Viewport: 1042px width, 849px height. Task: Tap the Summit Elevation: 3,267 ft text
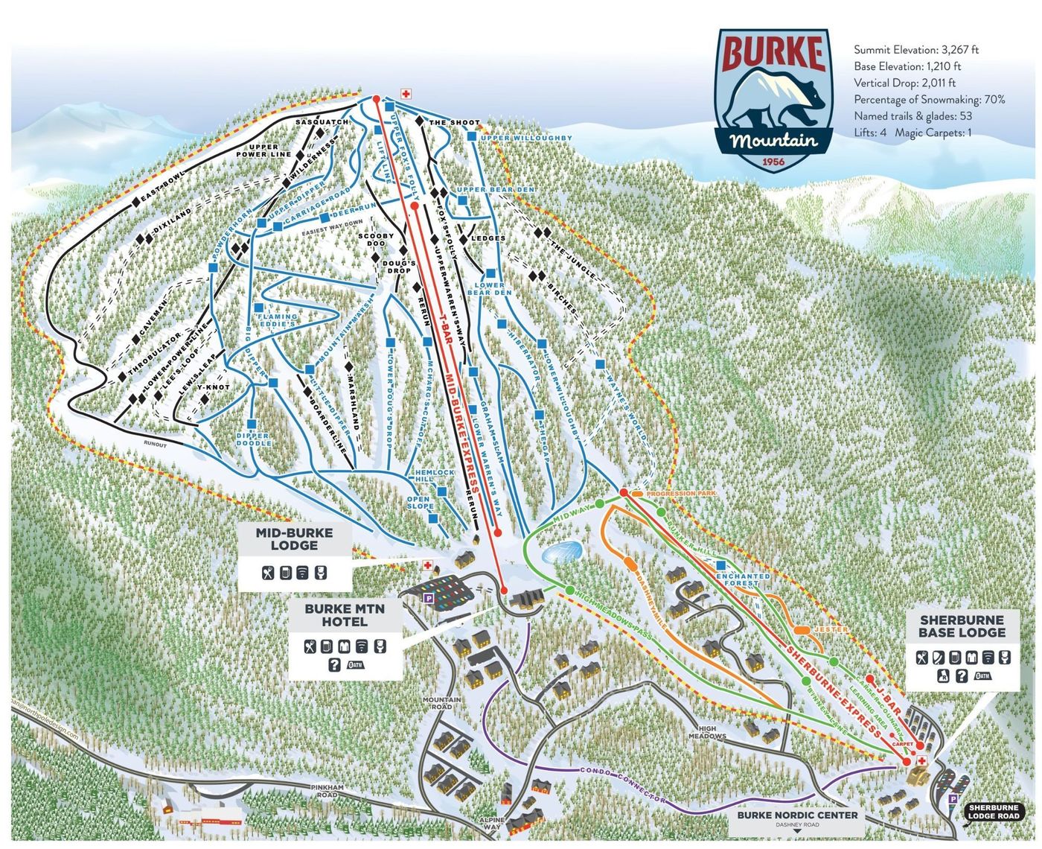(915, 50)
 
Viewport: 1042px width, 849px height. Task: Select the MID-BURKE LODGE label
(294, 539)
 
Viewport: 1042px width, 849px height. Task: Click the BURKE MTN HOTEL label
(345, 615)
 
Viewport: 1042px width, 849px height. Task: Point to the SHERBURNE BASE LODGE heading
(962, 626)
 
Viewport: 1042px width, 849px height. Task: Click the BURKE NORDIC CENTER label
(797, 815)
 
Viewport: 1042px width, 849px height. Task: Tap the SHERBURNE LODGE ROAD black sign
(993, 812)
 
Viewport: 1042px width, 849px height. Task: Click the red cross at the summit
(406, 94)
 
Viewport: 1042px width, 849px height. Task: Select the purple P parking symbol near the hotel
(428, 597)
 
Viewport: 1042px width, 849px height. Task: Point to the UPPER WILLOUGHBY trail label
(526, 139)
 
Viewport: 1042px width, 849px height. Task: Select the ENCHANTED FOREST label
(743, 580)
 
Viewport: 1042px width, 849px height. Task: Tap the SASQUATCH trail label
(322, 121)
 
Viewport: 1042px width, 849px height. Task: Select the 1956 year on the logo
(772, 161)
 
